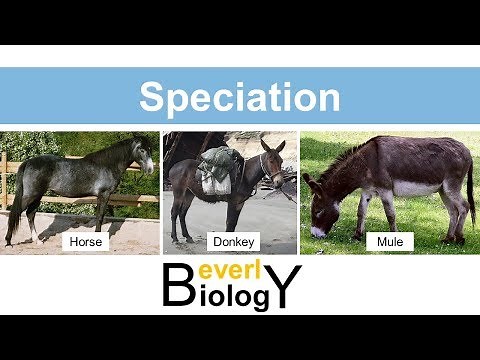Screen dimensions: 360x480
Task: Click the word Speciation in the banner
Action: [239, 97]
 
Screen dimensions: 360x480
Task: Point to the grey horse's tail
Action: [14, 200]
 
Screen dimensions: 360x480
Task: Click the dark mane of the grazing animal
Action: [350, 160]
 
